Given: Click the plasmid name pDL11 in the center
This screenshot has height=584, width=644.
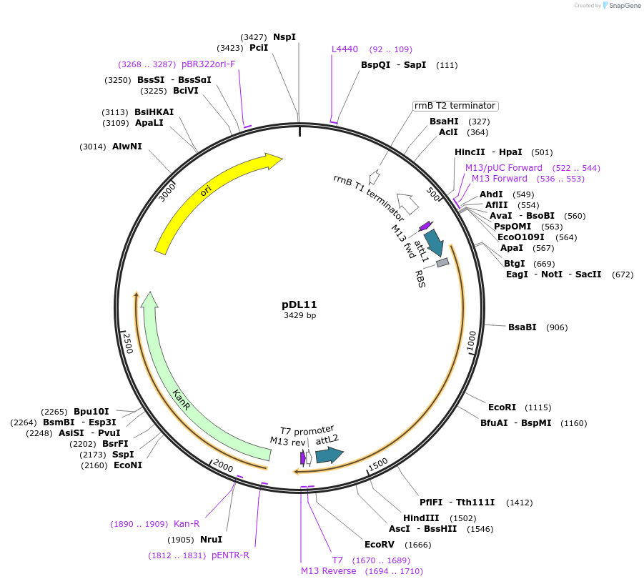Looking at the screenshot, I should [299, 304].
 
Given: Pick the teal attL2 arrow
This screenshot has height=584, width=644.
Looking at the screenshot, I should [329, 455].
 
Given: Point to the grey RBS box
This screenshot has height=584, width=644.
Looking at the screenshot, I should [442, 263].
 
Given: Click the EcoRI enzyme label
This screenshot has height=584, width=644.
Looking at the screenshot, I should [502, 407].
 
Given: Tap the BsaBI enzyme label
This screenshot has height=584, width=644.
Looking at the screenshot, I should [522, 327].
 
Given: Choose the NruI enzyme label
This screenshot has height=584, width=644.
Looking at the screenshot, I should [211, 540].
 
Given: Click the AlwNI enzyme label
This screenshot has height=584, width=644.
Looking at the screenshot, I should [127, 147].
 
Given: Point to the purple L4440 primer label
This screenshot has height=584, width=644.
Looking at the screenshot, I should [345, 49].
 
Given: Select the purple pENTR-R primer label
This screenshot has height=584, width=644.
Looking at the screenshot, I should [230, 555].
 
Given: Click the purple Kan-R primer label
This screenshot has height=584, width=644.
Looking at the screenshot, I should [187, 524].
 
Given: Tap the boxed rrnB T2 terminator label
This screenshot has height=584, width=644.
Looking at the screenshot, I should [455, 106].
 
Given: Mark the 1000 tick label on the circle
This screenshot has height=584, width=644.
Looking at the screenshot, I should [471, 342].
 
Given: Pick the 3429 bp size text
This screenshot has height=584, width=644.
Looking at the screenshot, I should [299, 315].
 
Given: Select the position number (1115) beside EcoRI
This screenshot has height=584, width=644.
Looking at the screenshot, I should [538, 407].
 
